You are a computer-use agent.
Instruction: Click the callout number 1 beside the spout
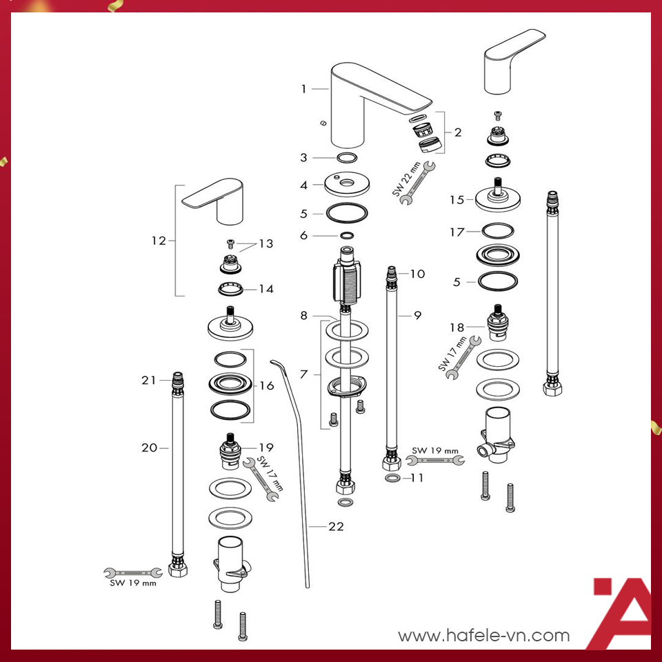click(303, 88)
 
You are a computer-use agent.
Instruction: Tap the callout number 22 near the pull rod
click(336, 526)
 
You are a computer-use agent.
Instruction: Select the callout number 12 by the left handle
click(159, 241)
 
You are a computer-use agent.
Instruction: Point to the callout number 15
click(457, 199)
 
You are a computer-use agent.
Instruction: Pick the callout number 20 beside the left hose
click(150, 448)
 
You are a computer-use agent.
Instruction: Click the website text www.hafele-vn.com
click(484, 635)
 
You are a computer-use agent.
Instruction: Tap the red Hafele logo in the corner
click(621, 610)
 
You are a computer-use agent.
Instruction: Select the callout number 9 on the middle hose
click(417, 315)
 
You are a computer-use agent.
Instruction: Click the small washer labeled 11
click(391, 478)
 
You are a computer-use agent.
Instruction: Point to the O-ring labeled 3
click(347, 157)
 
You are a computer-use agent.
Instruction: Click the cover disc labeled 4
click(347, 185)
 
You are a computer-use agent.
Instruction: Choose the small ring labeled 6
click(347, 235)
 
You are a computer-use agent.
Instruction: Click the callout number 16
click(266, 385)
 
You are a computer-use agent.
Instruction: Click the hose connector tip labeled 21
click(178, 380)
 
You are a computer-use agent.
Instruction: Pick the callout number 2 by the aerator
click(458, 132)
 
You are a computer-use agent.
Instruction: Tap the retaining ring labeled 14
click(230, 288)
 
